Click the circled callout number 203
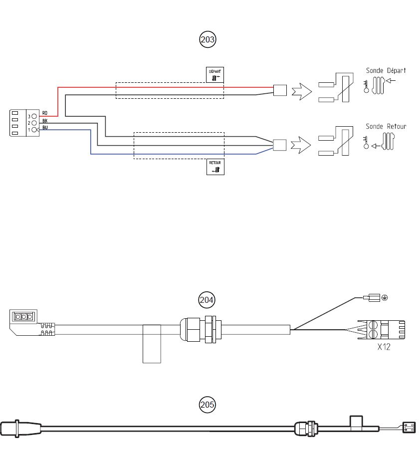click(208, 39)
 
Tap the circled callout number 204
click(207, 300)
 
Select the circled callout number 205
click(208, 404)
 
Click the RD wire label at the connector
click(45, 113)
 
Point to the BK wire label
click(45, 121)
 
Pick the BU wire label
click(45, 128)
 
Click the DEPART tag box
click(215, 74)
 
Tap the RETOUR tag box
click(215, 167)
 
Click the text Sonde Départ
click(386, 71)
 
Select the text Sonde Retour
click(386, 126)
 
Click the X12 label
click(383, 347)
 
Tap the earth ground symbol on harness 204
click(384, 298)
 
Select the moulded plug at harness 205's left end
click(20, 428)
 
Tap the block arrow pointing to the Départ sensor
click(301, 91)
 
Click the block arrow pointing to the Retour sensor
click(301, 145)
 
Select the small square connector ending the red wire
click(280, 90)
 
